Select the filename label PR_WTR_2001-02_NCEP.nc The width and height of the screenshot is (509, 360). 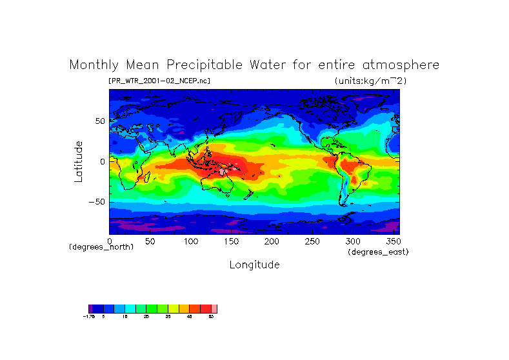tap(159, 81)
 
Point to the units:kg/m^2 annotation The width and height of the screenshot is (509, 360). tap(370, 81)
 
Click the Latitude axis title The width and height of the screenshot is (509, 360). tap(79, 161)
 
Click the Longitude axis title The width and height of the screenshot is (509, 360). tap(254, 265)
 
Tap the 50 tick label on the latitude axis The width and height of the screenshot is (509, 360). tap(99, 121)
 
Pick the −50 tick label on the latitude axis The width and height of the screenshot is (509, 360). tap(97, 201)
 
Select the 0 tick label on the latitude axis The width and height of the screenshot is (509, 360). tap(102, 161)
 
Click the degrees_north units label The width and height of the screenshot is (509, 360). tap(101, 248)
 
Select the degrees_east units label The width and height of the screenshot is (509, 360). tap(378, 252)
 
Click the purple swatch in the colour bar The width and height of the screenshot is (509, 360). tap(91, 309)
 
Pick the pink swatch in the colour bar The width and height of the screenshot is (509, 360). tap(214, 309)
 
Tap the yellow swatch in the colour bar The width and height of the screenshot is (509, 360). tap(173, 309)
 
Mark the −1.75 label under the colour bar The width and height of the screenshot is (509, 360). tap(90, 317)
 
